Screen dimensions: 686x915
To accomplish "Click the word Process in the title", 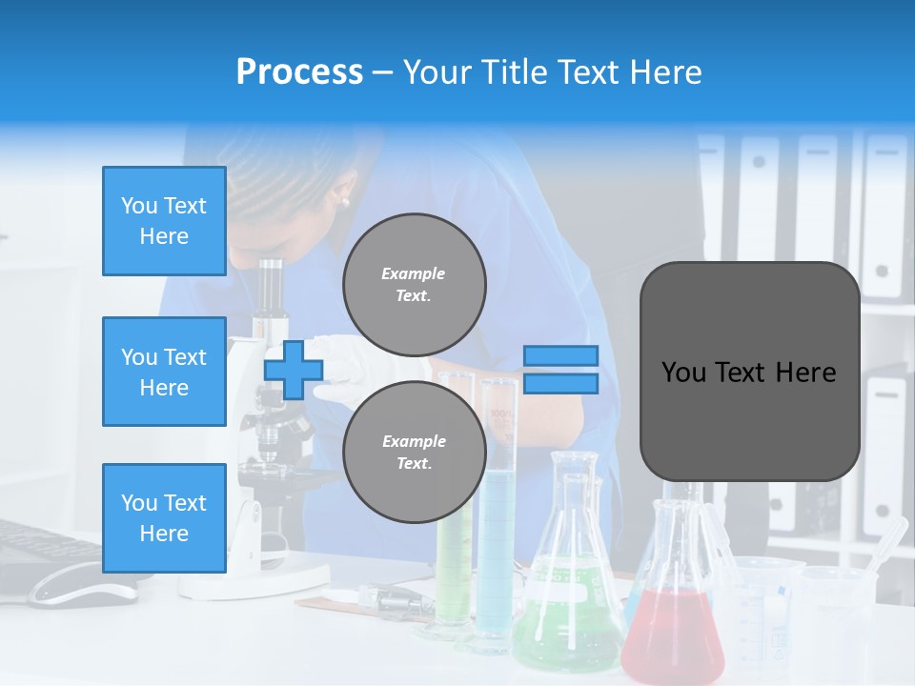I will (299, 71).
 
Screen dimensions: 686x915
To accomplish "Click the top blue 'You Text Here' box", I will (164, 221).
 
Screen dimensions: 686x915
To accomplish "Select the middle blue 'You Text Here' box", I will (164, 372).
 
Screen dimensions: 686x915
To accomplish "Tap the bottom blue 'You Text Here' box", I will (164, 518).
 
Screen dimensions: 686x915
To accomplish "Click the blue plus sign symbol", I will (294, 370).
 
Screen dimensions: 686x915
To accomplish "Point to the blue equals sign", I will (560, 370).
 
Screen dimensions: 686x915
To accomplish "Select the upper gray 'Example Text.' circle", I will (414, 284).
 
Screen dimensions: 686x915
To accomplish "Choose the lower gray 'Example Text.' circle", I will (414, 452).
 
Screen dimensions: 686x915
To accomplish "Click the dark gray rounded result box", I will (749, 372).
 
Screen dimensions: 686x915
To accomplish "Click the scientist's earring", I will (344, 200).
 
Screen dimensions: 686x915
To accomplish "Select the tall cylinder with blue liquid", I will (497, 534).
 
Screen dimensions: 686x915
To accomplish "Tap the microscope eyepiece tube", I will (273, 286).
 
